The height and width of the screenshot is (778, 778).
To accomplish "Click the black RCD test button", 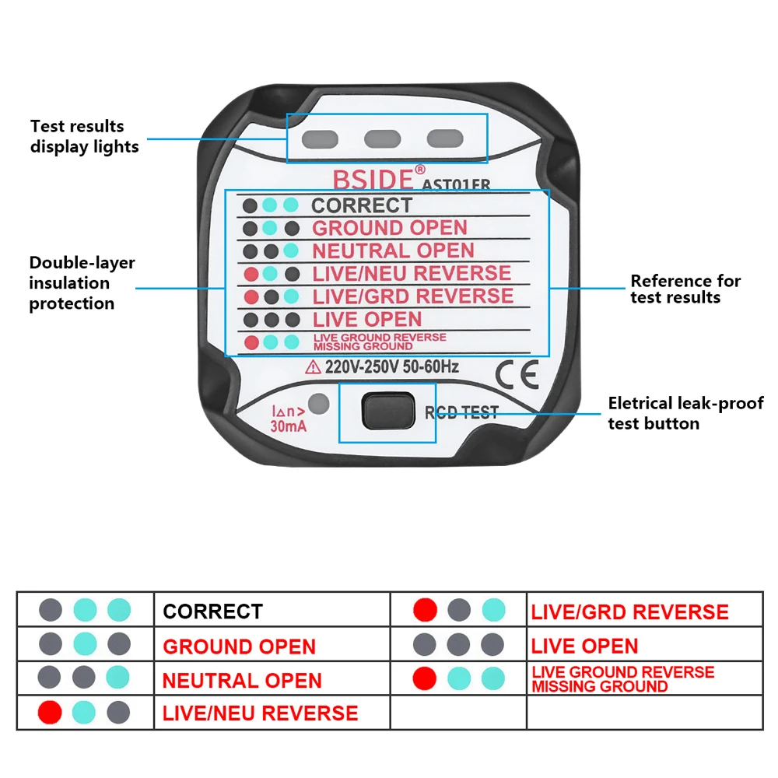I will coord(387,411).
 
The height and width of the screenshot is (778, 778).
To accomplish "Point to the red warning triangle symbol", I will coord(314,366).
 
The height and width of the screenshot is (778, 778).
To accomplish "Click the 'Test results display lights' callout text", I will coord(84,136).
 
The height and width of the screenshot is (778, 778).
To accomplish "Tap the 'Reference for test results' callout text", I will coord(685,289).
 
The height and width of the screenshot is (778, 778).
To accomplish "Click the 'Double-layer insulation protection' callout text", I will coord(82,283).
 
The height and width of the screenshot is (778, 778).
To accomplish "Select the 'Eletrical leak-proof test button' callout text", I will coord(685,413).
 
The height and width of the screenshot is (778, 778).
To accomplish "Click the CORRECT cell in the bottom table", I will coord(213,612).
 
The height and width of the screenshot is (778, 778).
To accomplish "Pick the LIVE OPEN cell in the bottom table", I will coord(584,646).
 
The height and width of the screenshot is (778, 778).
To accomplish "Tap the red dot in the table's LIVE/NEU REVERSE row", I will coord(50,712).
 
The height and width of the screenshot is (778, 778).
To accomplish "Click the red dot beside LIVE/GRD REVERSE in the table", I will coord(426,611).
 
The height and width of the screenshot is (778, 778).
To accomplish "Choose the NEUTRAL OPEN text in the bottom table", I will coord(242,681).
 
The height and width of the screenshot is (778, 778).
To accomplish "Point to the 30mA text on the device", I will coord(288,426).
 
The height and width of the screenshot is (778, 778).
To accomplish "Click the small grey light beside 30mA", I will coord(318,404).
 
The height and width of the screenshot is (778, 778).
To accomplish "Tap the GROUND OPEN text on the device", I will coord(390,228).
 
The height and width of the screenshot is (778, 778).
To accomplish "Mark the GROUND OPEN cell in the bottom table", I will coord(240,647).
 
